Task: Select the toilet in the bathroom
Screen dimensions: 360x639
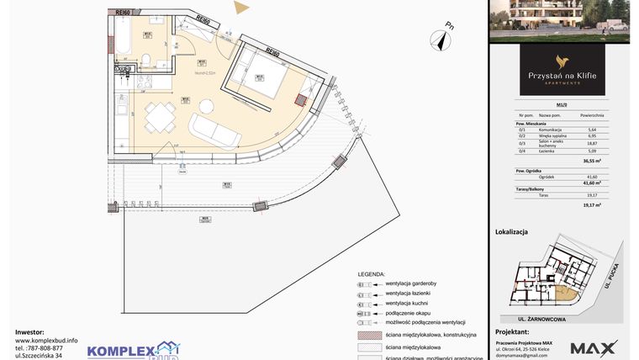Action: click(x=146, y=57)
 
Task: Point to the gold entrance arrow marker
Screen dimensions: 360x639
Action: click(x=242, y=8)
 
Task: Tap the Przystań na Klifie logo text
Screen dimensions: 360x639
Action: click(x=562, y=76)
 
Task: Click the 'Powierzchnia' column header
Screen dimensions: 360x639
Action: click(x=593, y=114)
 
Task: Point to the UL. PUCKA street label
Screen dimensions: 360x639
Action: click(x=615, y=273)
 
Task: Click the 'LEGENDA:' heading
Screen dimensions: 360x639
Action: click(x=371, y=274)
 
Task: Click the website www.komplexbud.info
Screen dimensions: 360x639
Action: click(x=46, y=340)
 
